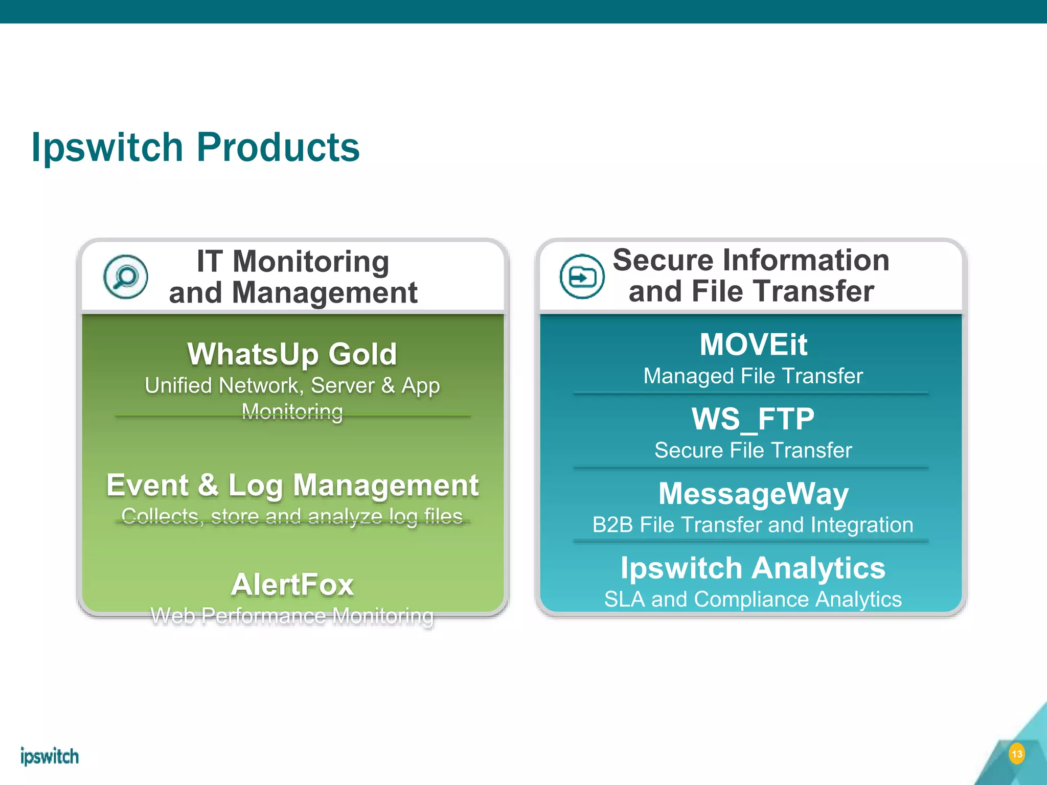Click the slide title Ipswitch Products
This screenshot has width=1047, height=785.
pyautogui.click(x=195, y=148)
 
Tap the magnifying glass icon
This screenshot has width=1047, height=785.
pyautogui.click(x=126, y=276)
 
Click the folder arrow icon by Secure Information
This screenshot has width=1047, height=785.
pyautogui.click(x=582, y=276)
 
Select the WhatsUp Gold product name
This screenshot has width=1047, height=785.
pyautogui.click(x=292, y=354)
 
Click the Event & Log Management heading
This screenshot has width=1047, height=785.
pyautogui.click(x=292, y=485)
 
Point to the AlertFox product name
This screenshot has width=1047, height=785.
pyautogui.click(x=292, y=585)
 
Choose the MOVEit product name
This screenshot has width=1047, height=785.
pyautogui.click(x=753, y=344)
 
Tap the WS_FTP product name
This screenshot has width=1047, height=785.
pyautogui.click(x=753, y=419)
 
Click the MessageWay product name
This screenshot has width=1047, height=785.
pyautogui.click(x=753, y=494)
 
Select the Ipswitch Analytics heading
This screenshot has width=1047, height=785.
pyautogui.click(x=753, y=568)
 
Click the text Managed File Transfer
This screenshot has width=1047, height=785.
pyautogui.click(x=753, y=376)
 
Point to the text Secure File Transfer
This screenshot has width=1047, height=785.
pyautogui.click(x=753, y=450)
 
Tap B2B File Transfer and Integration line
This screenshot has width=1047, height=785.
pyautogui.click(x=753, y=525)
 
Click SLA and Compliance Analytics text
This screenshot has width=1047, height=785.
pyautogui.click(x=753, y=599)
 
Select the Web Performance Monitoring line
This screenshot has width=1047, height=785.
pyautogui.click(x=292, y=616)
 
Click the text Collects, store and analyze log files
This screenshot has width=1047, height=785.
pyautogui.click(x=292, y=516)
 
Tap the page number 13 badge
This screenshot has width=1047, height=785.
pyautogui.click(x=1017, y=754)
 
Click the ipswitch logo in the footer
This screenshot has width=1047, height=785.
pyautogui.click(x=50, y=756)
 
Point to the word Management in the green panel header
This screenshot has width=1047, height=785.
pyautogui.click(x=325, y=293)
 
